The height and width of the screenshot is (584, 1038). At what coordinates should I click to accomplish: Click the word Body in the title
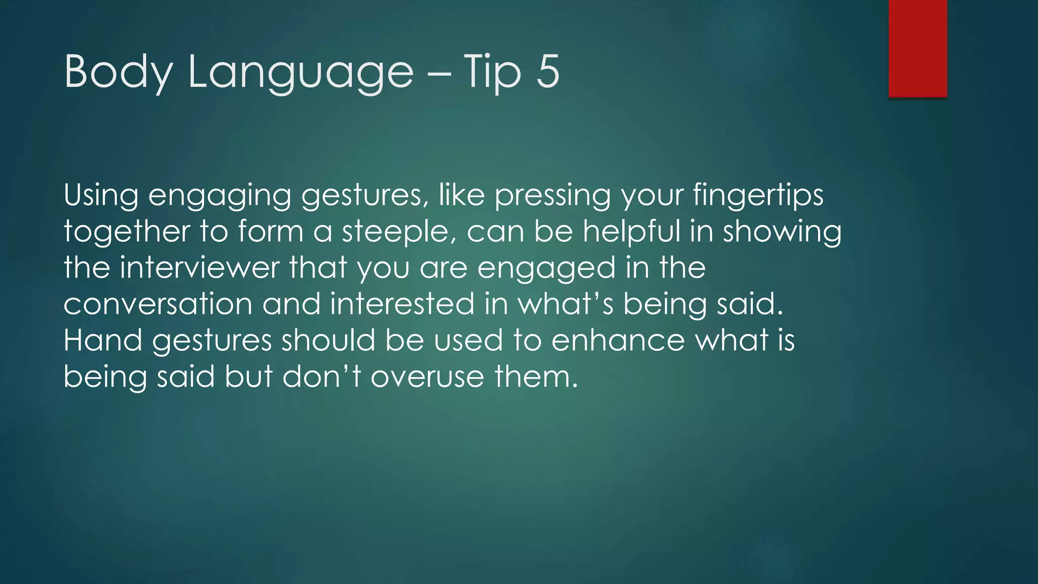(118, 72)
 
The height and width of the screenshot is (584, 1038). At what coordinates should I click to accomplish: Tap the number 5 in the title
(547, 71)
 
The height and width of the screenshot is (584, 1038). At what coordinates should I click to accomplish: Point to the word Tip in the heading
(492, 72)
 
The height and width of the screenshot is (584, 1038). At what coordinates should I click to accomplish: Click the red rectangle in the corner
(917, 48)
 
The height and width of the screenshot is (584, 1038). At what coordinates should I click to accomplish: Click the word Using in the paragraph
(101, 195)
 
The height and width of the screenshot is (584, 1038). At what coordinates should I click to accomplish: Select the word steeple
(396, 232)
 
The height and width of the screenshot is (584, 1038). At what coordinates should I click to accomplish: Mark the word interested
(402, 304)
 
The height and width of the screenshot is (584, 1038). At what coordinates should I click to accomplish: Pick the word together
(127, 232)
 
